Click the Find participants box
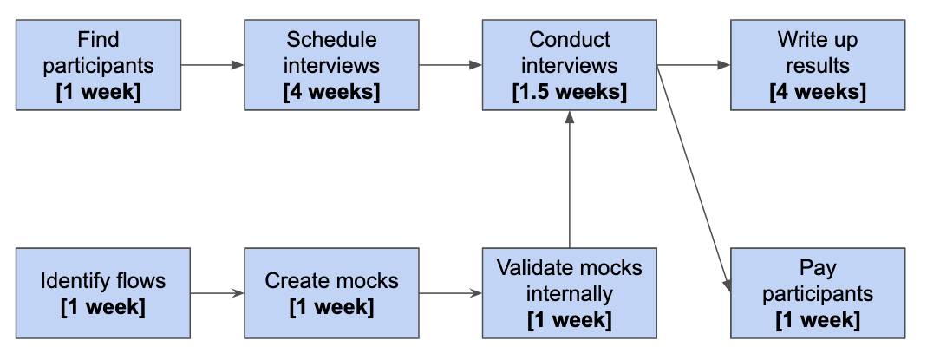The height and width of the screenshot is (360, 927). click(98, 66)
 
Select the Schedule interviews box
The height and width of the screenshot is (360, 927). click(331, 66)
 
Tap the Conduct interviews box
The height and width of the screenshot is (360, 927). click(570, 66)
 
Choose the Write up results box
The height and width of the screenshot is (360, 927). click(817, 66)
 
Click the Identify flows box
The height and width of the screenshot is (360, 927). click(103, 293)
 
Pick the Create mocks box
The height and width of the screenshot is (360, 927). click(331, 293)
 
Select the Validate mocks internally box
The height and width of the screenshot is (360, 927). click(570, 293)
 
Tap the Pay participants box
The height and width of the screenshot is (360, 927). click(817, 293)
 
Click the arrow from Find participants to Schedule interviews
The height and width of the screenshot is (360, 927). click(212, 64)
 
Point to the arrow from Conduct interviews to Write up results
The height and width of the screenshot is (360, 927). click(694, 64)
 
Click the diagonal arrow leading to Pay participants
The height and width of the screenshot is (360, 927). click(692, 173)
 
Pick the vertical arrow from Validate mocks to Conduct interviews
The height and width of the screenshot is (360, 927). click(570, 182)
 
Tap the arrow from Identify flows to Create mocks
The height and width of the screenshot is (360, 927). click(217, 293)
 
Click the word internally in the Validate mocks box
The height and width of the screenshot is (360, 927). click(570, 293)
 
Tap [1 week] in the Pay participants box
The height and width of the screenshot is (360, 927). click(817, 320)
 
